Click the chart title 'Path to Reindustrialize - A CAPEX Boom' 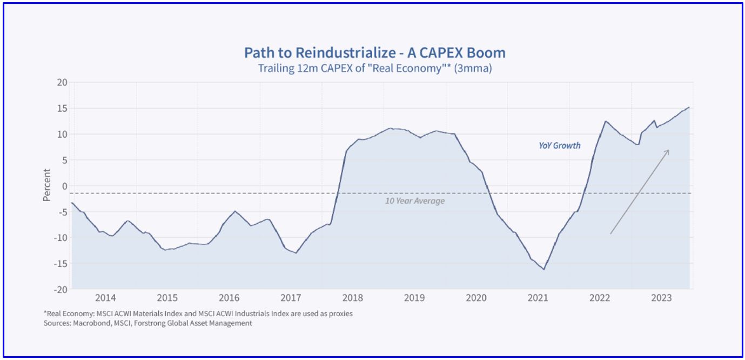click(374, 53)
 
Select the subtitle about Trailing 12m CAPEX click(374, 69)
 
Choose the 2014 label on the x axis click(105, 298)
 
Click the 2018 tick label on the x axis click(353, 298)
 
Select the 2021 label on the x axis click(538, 298)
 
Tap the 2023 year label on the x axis click(662, 298)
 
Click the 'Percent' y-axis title click(47, 185)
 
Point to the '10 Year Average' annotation click(415, 201)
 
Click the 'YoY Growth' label click(560, 145)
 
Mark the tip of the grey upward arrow click(669, 150)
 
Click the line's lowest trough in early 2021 click(543, 269)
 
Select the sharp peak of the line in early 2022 click(606, 121)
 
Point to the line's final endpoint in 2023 click(689, 107)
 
